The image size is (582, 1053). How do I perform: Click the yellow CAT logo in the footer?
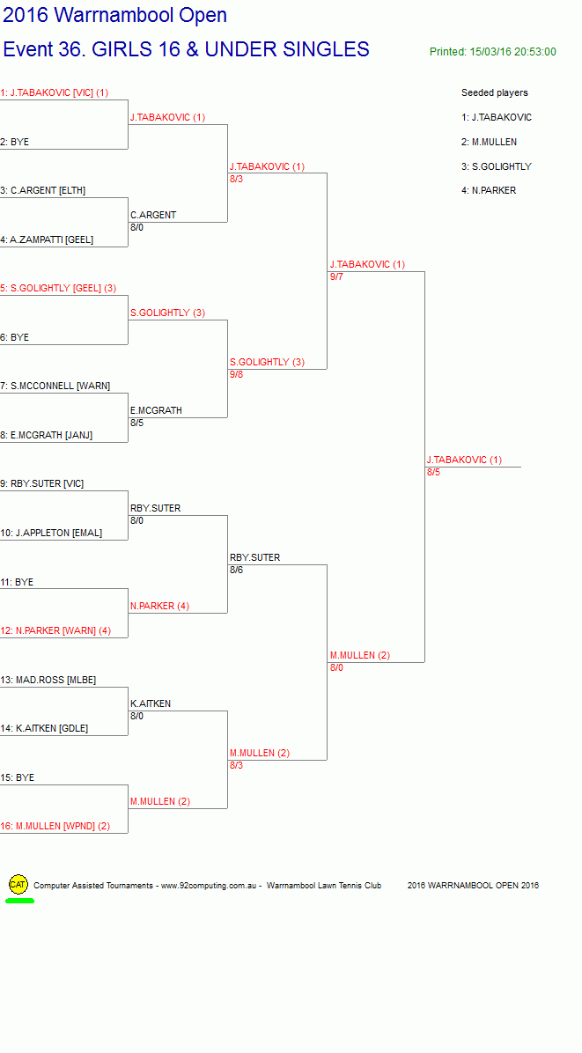point(18,885)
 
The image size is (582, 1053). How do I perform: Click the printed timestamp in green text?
point(493,52)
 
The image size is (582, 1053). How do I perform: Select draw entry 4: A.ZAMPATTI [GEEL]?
point(47,239)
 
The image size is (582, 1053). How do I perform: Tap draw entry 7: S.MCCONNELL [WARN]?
point(55,387)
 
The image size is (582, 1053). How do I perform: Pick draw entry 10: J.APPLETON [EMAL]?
point(51,533)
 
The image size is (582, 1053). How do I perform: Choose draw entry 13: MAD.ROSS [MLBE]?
point(48,680)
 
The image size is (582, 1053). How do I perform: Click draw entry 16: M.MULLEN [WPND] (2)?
point(55,826)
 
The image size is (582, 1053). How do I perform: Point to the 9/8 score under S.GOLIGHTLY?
point(236,374)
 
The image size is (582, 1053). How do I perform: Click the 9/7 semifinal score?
point(336,276)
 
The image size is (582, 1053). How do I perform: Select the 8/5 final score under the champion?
point(434,472)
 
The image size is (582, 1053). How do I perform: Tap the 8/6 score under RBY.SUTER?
point(236,571)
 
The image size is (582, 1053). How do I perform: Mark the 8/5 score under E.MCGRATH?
point(137,423)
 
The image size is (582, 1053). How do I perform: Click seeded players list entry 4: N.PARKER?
point(489,191)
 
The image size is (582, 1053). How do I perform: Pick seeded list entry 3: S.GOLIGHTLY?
point(497,166)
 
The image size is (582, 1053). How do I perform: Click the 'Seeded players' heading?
point(495,92)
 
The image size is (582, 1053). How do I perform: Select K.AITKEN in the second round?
point(151,703)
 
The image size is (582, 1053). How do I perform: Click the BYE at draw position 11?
point(17,582)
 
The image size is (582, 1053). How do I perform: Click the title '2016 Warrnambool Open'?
point(114,15)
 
